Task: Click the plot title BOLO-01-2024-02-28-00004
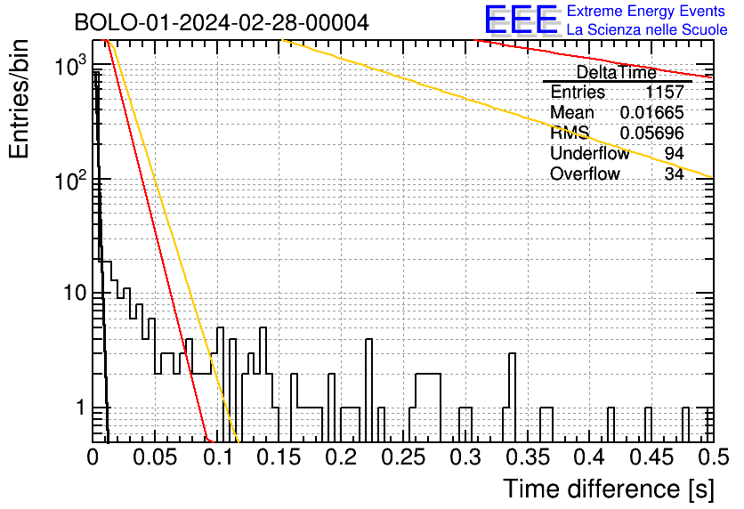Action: click(x=222, y=22)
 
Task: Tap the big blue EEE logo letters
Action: click(x=521, y=20)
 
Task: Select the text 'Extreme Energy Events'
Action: click(x=646, y=11)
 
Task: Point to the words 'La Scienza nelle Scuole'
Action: click(x=647, y=29)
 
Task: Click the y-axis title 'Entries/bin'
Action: click(x=19, y=100)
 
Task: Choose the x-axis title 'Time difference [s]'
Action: click(x=609, y=489)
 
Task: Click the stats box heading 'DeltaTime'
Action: click(x=617, y=72)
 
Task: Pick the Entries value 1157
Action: click(x=664, y=92)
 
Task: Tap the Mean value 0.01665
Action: click(x=651, y=112)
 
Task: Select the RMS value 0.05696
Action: click(x=651, y=133)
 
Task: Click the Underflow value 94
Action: click(x=674, y=153)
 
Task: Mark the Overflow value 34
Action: click(x=674, y=174)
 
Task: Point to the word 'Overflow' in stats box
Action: click(x=585, y=174)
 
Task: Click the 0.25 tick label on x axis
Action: click(x=403, y=457)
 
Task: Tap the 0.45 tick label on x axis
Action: click(x=651, y=457)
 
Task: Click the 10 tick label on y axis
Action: click(x=74, y=293)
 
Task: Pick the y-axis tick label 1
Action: click(x=80, y=408)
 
